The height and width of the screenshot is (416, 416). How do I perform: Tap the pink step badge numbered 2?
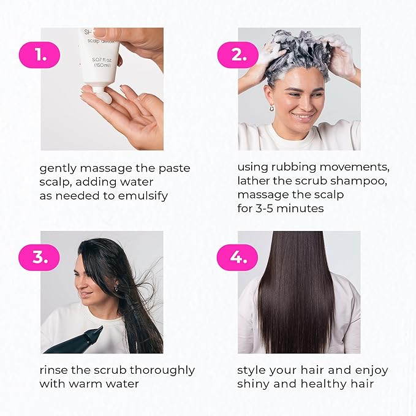click(x=237, y=55)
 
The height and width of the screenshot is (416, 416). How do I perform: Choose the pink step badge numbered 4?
click(x=237, y=257)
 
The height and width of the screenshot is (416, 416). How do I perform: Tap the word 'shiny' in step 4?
click(x=255, y=384)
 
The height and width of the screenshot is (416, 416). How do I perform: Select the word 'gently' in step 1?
click(x=59, y=168)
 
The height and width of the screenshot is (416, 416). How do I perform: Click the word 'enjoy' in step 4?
click(x=373, y=370)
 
